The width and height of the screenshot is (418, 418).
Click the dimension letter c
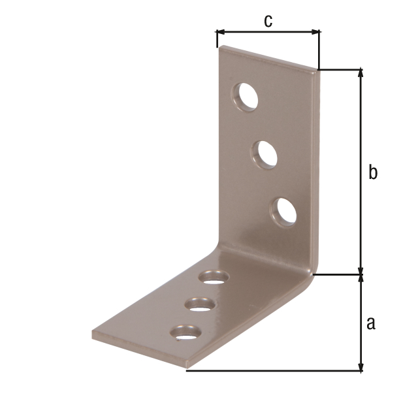click(268, 20)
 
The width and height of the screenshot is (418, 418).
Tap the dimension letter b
click(373, 172)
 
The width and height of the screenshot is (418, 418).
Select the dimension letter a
click(371, 323)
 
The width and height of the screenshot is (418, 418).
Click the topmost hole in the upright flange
click(245, 97)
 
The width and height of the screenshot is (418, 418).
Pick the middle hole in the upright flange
click(265, 155)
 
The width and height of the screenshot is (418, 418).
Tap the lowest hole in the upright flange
click(284, 212)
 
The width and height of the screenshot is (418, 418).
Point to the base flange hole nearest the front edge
click(185, 333)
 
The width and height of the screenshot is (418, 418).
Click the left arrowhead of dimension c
click(220, 31)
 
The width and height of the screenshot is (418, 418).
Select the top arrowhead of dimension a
click(360, 279)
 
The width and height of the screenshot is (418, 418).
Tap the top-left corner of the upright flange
click(221, 46)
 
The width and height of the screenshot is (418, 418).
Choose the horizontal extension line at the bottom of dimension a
click(274, 371)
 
